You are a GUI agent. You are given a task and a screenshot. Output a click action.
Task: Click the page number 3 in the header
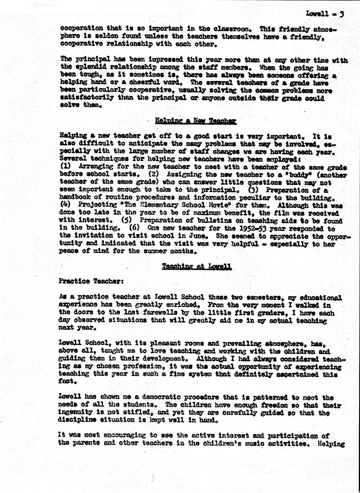point(342,14)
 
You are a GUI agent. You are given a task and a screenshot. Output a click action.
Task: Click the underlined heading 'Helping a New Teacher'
point(195,121)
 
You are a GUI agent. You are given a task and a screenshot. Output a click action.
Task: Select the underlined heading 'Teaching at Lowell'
point(197,266)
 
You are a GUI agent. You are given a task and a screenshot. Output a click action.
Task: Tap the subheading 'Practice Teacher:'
point(91,281)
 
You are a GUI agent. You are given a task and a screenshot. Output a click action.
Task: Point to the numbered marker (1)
point(64,166)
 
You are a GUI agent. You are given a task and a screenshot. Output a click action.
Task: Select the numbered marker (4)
point(64,205)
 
